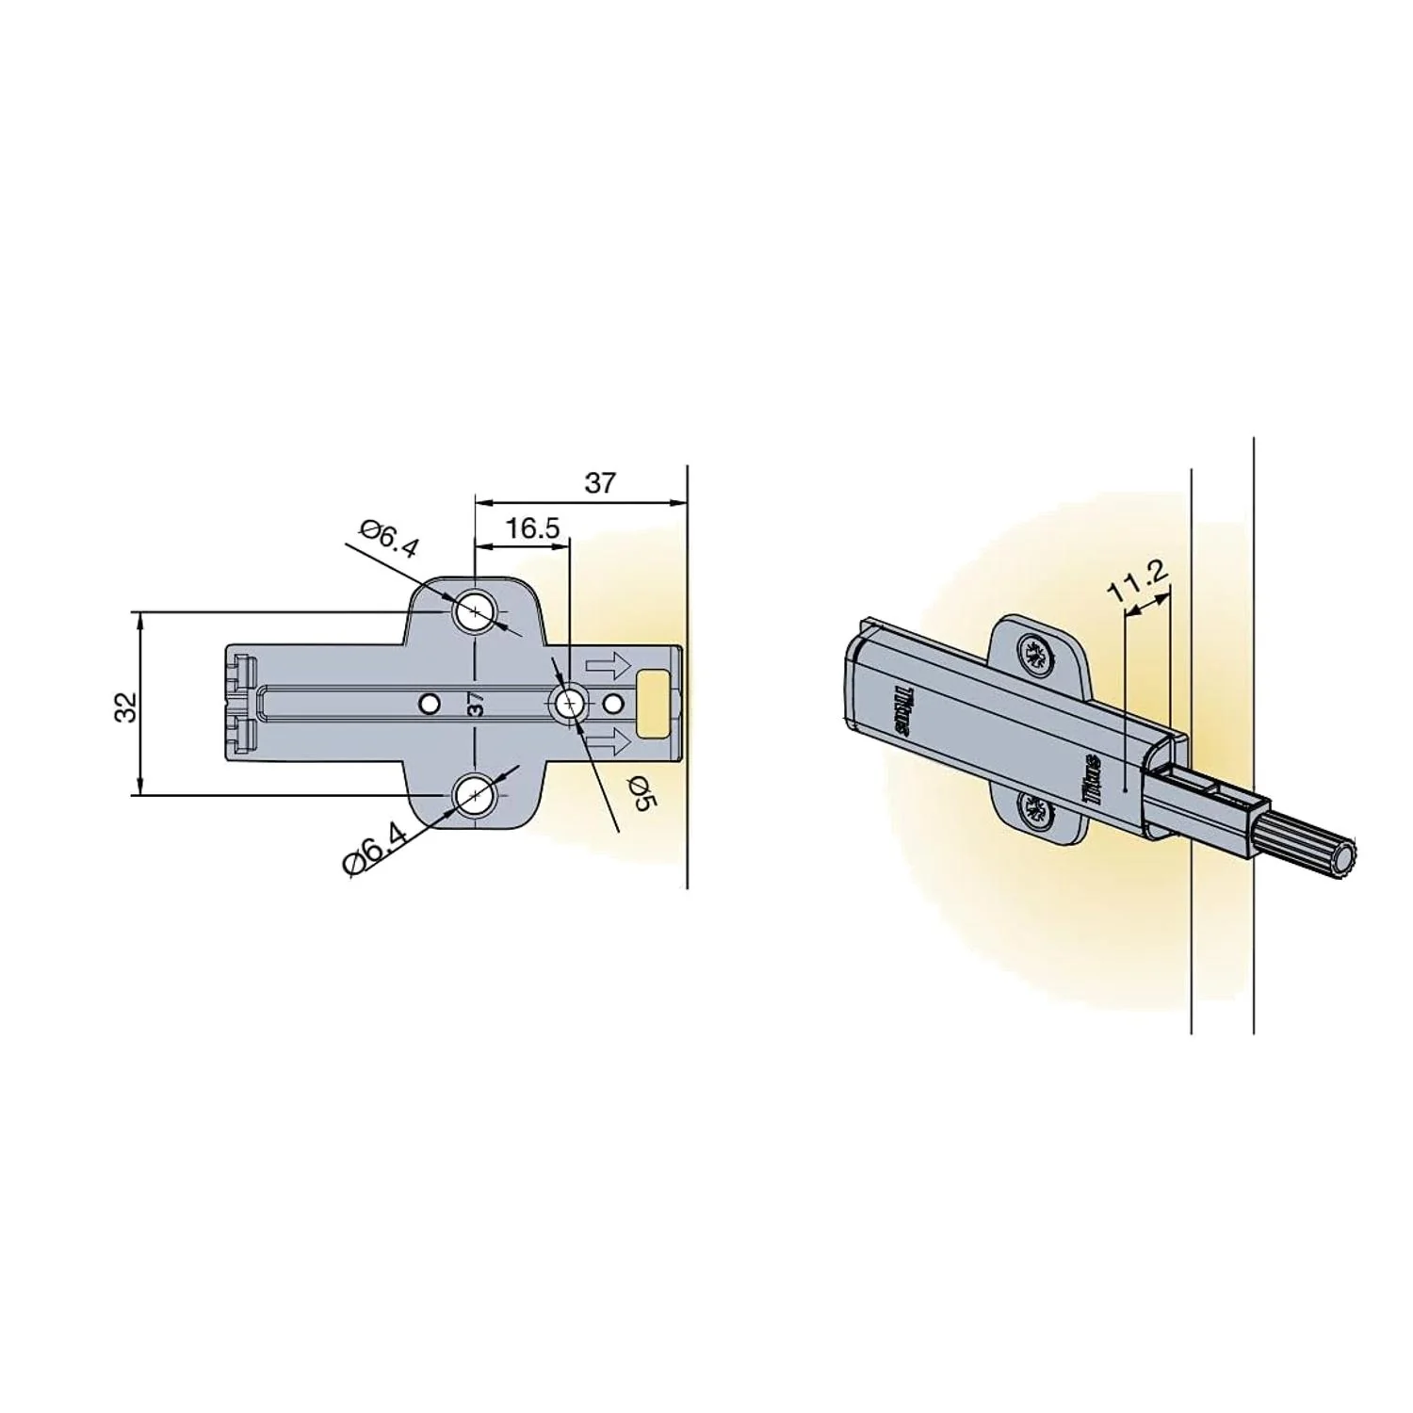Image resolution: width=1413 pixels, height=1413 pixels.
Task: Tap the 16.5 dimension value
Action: pos(532,528)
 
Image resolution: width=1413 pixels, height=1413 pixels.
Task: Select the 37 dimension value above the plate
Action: pos(600,482)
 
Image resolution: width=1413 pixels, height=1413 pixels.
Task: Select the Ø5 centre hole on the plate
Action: pos(569,703)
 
